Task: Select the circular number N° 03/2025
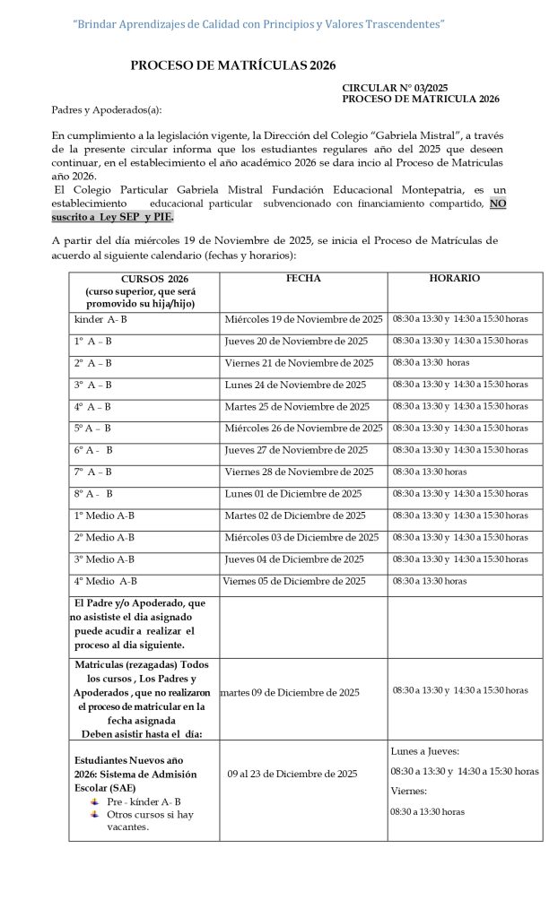click(x=395, y=88)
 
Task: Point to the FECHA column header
click(x=303, y=279)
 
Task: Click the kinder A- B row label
click(x=100, y=319)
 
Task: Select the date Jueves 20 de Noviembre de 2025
click(x=296, y=341)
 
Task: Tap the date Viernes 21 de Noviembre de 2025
click(x=299, y=363)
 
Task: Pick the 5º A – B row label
click(x=93, y=429)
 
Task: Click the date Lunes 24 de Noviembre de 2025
click(x=294, y=385)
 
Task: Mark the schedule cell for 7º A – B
click(x=429, y=472)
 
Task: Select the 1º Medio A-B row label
click(x=105, y=515)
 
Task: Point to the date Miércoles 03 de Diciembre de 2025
click(x=301, y=537)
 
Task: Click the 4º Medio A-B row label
click(x=106, y=581)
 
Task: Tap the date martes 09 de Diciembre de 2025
click(x=290, y=692)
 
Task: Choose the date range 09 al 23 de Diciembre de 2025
click(x=292, y=774)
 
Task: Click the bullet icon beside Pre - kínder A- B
click(x=94, y=801)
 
